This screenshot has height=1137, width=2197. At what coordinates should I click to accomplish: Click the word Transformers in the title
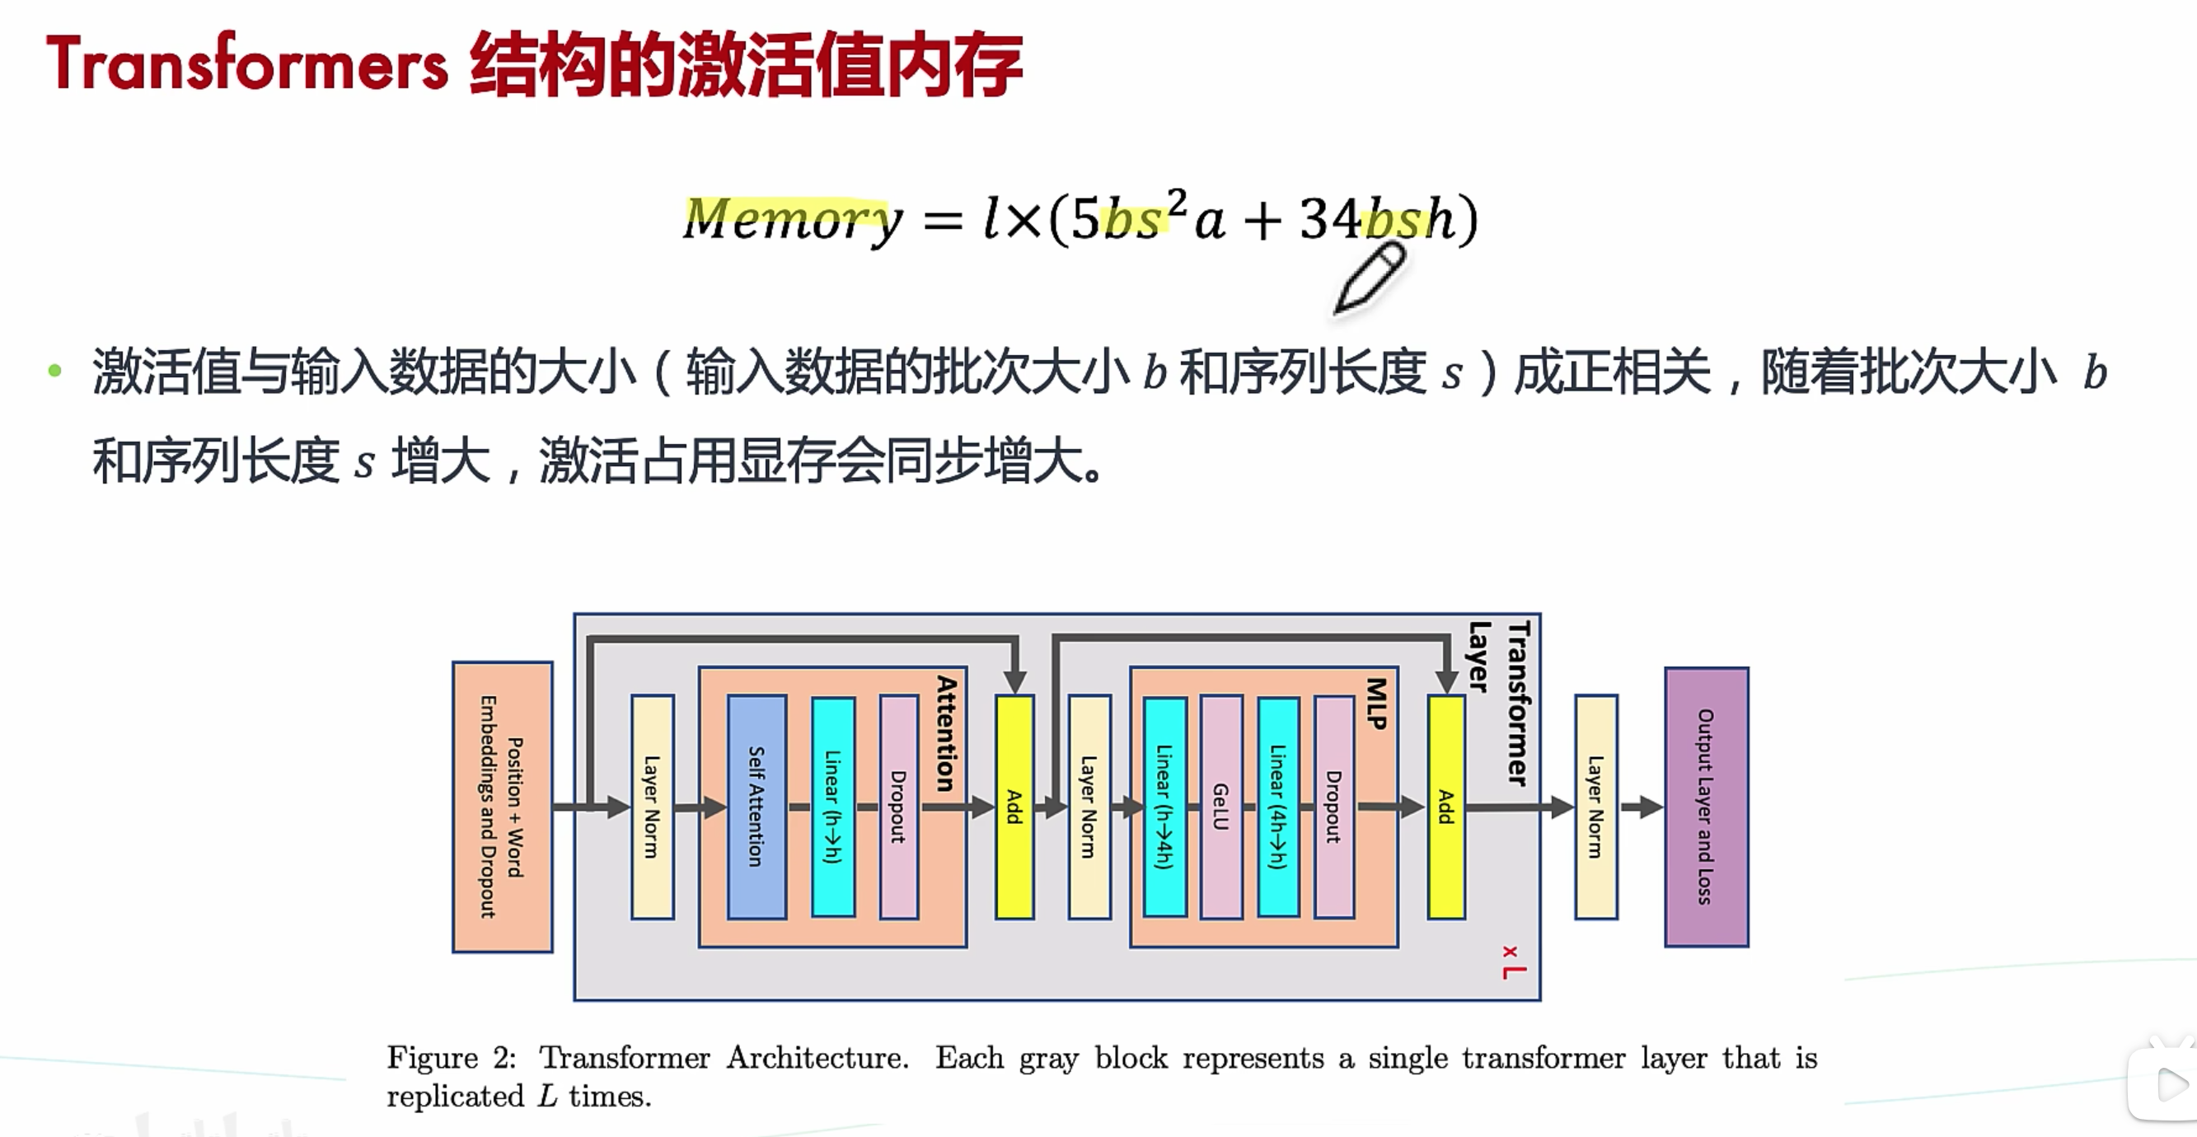tap(247, 65)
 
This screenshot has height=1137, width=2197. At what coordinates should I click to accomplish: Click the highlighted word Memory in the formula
tap(791, 218)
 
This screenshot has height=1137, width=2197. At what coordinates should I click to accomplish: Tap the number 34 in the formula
tap(1329, 218)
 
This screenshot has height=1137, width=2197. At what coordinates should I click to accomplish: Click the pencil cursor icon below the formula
tap(1370, 277)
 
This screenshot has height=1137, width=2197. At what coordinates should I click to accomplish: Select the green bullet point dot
tap(55, 370)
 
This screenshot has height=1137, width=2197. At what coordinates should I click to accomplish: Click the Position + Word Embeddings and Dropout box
tap(503, 806)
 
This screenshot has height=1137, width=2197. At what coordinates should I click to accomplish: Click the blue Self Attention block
tap(757, 806)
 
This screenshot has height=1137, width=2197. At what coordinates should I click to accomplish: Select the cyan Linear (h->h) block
tap(833, 806)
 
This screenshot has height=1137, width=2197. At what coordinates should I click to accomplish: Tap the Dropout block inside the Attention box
tap(899, 806)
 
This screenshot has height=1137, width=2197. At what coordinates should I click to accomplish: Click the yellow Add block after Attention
tap(1014, 806)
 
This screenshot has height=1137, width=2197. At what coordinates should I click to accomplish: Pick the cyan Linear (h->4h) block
tap(1164, 806)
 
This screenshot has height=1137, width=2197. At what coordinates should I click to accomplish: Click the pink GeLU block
tap(1220, 806)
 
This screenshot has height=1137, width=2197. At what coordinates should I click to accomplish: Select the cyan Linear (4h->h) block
tap(1277, 806)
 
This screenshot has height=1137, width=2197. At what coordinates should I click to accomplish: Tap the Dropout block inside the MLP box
tap(1334, 806)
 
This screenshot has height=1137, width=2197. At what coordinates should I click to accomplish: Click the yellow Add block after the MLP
tap(1445, 806)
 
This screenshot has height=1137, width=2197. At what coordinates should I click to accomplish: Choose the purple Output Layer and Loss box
tap(1706, 806)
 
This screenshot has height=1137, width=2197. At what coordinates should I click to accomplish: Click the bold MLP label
tap(1376, 703)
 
